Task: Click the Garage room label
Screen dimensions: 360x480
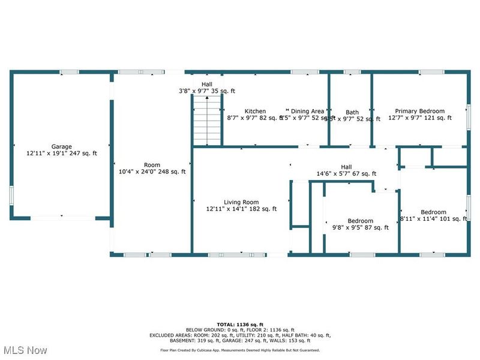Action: tap(61, 146)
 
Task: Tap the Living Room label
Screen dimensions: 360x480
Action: tap(241, 202)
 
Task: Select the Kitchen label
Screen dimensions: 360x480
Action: tap(255, 111)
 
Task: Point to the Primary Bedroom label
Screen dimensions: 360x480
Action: tap(419, 111)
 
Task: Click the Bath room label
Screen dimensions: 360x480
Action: tap(352, 112)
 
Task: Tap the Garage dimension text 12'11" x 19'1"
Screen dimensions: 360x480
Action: tap(61, 154)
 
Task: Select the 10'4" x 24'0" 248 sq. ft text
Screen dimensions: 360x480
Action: tap(152, 172)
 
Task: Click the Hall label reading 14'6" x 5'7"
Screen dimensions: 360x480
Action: tap(346, 174)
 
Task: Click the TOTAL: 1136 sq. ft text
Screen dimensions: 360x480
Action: tap(239, 324)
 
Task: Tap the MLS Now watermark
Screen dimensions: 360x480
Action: tap(25, 349)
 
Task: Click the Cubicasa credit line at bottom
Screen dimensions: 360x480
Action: tap(239, 350)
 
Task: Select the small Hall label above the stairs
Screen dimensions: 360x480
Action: tap(206, 85)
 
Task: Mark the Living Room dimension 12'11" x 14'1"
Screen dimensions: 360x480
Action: tap(241, 209)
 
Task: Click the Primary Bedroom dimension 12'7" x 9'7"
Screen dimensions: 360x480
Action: tap(419, 118)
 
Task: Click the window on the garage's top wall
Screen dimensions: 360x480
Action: tap(69, 72)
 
